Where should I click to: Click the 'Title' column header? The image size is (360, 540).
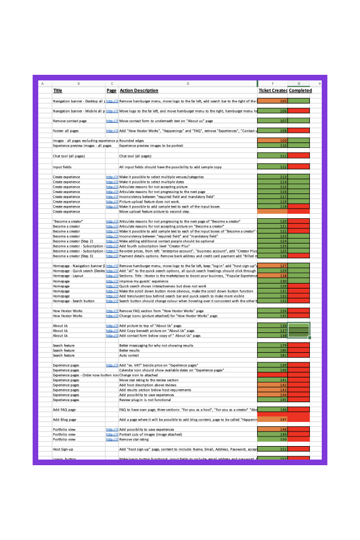pos(57,91)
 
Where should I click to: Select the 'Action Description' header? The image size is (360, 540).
pos(139,91)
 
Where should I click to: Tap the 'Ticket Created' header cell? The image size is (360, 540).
pos(273,91)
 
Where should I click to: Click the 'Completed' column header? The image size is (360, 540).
pos(300,91)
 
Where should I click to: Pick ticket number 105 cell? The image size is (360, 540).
pos(273,101)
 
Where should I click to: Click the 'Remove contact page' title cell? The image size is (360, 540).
pos(70,121)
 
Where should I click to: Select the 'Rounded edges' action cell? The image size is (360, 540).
pos(133,141)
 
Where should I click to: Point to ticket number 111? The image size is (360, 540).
pos(273,156)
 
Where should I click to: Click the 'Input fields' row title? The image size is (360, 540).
pos(64,167)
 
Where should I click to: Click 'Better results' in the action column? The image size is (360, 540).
pos(131,350)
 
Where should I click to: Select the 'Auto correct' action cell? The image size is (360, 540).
pos(130,355)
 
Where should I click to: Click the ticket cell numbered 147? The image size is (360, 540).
pos(273,420)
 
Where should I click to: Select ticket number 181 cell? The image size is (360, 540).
pos(273,355)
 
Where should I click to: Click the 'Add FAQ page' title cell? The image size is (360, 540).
pos(65,409)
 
